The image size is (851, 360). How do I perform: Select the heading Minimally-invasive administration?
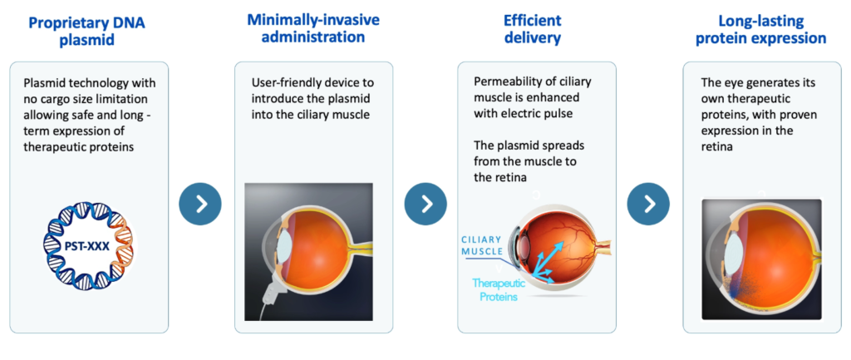(313, 28)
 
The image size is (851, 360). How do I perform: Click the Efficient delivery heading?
(532, 29)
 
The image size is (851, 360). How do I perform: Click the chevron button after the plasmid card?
(200, 204)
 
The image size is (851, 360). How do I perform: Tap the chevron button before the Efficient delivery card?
(425, 204)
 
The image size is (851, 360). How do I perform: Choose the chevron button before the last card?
(648, 204)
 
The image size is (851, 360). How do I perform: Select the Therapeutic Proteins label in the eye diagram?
(494, 290)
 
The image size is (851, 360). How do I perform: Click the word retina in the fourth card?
(717, 148)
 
